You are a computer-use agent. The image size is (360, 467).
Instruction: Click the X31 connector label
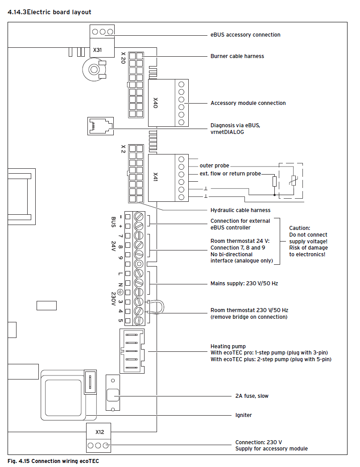click(98, 50)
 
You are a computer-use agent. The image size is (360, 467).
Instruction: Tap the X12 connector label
click(100, 432)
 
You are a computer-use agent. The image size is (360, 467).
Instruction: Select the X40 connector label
click(156, 103)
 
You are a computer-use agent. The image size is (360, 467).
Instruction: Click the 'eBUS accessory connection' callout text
click(245, 35)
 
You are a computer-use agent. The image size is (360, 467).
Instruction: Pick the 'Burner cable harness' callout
click(237, 56)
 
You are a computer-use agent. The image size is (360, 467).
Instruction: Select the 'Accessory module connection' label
click(248, 103)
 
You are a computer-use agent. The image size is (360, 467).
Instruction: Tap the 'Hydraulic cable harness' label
click(240, 210)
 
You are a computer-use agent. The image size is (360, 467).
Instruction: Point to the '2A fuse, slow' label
click(252, 396)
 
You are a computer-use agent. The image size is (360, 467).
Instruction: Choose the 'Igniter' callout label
click(244, 415)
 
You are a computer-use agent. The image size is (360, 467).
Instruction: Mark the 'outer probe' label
click(215, 166)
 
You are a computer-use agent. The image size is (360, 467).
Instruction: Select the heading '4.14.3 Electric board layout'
click(50, 12)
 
